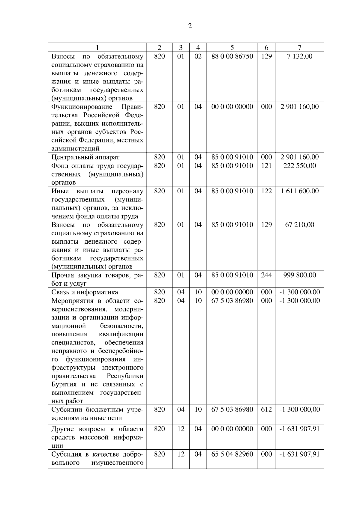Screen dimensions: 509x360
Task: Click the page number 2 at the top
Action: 190,26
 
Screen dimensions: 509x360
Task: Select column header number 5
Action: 232,47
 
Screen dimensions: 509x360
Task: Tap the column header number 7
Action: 299,47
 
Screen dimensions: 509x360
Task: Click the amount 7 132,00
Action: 299,56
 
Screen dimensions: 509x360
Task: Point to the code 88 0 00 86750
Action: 232,56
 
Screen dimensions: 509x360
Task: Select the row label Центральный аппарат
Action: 85,157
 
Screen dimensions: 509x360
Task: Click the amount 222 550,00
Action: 299,165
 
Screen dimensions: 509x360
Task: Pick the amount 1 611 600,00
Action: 299,191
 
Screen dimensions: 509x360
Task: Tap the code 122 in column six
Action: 266,191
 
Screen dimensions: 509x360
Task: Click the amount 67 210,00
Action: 299,225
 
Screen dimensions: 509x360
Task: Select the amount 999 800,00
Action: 299,275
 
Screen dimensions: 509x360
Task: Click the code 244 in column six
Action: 266,275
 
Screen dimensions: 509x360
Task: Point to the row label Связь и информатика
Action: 85,292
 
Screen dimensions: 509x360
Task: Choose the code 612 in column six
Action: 266,409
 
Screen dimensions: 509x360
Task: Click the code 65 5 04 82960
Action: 232,454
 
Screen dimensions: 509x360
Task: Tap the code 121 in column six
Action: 266,165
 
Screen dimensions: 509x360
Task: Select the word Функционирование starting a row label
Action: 82,107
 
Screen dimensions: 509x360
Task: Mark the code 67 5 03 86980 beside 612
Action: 232,409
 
